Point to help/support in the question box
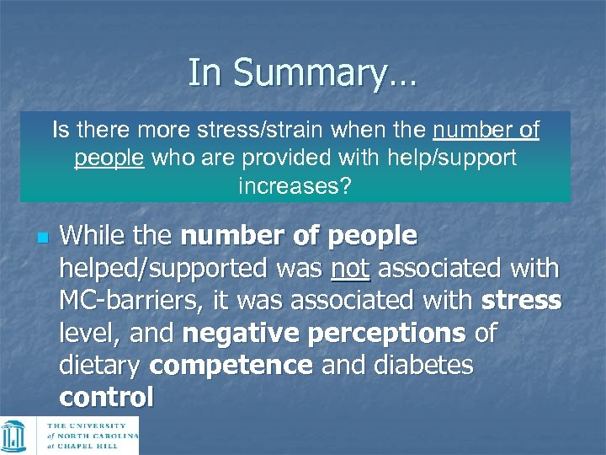point(449,158)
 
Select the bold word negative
point(238,334)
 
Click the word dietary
point(101,366)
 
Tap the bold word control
point(106,397)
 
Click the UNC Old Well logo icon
point(14,436)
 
